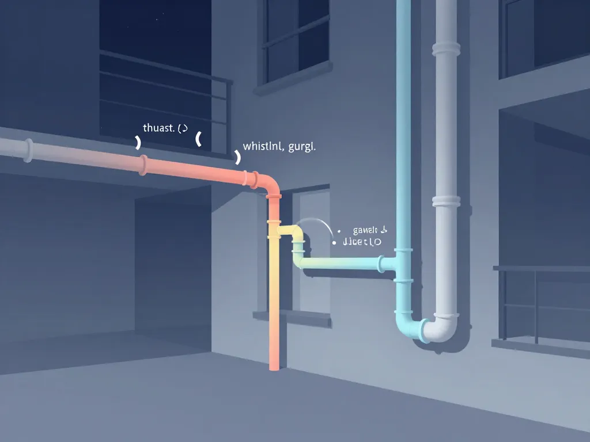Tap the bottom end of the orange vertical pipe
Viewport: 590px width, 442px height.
(x=275, y=366)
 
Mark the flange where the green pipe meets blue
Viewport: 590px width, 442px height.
(x=382, y=264)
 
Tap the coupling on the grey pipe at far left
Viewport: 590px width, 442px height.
(x=27, y=150)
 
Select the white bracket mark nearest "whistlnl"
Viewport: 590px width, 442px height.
(x=237, y=157)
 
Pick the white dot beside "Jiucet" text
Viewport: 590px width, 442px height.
(x=334, y=243)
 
